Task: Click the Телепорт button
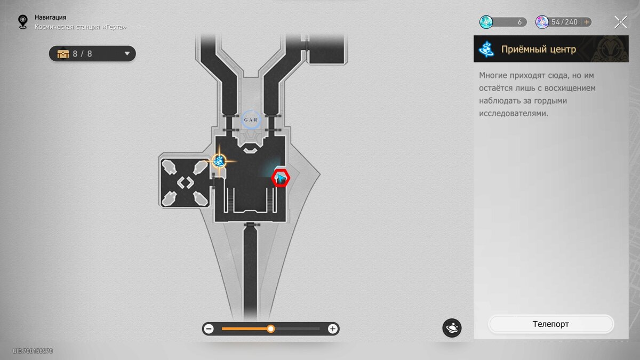[x=551, y=324]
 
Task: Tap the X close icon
[x=621, y=22]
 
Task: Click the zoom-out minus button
[x=209, y=329]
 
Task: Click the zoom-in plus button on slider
[x=333, y=329]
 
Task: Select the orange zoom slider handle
[x=270, y=329]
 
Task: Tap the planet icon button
[x=452, y=327]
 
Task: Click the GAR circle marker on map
[x=251, y=119]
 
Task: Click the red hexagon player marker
[x=281, y=178]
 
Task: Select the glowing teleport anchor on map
[x=219, y=162]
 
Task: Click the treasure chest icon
[x=63, y=54]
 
